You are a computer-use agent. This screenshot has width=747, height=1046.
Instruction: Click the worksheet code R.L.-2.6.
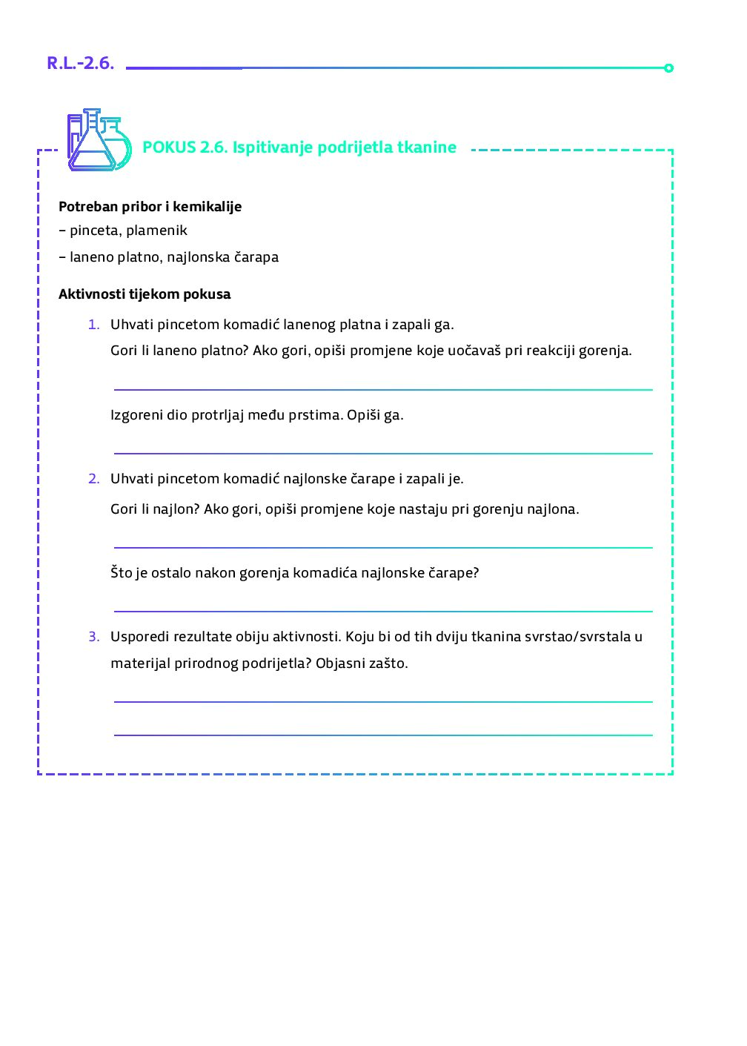point(80,64)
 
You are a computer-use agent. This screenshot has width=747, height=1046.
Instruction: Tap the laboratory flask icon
point(99,141)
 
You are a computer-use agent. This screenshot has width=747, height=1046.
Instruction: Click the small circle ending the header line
point(668,68)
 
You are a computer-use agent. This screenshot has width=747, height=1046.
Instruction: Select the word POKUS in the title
point(169,148)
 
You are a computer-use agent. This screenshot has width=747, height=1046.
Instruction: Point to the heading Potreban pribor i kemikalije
point(150,207)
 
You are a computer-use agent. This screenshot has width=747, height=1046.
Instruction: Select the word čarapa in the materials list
point(256,257)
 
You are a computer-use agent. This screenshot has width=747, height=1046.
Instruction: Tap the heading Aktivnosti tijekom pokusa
point(145,294)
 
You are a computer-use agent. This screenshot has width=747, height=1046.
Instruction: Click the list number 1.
point(93,325)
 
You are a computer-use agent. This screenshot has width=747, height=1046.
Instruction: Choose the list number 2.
point(93,479)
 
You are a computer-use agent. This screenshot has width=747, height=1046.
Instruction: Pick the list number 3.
point(93,637)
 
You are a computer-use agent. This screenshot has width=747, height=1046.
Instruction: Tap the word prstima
point(316,415)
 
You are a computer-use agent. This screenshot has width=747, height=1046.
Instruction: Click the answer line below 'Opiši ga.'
point(383,453)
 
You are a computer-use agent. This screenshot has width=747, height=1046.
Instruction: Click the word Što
point(122,573)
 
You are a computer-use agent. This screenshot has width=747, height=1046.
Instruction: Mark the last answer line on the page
point(383,735)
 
